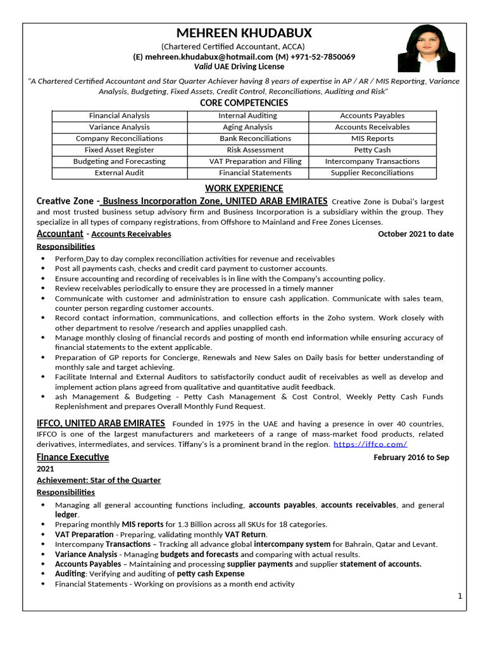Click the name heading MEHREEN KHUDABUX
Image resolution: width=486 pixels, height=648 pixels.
click(244, 34)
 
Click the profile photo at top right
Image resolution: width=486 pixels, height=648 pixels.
click(426, 49)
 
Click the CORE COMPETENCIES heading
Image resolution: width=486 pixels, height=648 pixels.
click(244, 103)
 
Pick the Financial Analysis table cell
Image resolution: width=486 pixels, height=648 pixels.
click(120, 116)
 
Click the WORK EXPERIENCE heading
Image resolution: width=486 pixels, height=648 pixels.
click(244, 189)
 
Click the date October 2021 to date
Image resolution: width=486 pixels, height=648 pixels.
click(415, 234)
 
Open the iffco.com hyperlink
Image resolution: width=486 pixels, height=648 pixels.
click(370, 444)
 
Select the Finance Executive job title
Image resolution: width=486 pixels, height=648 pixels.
click(73, 457)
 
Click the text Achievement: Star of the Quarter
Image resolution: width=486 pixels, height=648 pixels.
click(99, 480)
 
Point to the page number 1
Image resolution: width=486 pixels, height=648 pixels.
click(460, 596)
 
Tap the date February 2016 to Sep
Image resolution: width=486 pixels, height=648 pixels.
click(411, 458)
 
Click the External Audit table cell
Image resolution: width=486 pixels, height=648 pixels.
click(120, 173)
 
